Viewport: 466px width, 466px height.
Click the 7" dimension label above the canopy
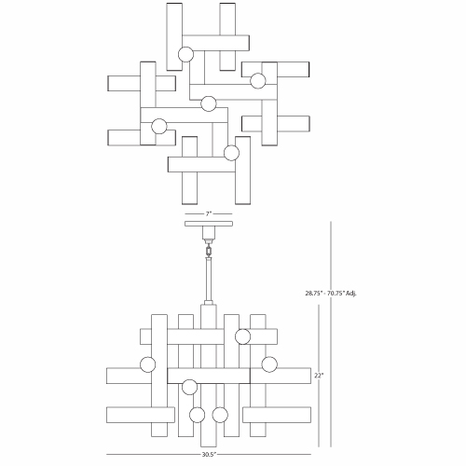(208, 213)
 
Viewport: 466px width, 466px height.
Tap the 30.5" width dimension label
(209, 455)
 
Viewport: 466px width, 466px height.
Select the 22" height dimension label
(319, 376)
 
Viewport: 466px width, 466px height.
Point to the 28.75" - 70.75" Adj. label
(331, 293)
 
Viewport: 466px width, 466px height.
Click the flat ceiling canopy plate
(209, 224)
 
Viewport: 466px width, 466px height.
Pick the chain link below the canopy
(209, 251)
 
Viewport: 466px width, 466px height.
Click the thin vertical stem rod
(209, 280)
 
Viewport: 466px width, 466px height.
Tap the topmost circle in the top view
(185, 54)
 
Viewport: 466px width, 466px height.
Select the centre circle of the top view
(209, 103)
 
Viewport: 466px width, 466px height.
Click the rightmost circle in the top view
(258, 81)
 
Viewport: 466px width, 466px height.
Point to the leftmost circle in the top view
(159, 126)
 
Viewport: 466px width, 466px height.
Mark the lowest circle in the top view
(231, 153)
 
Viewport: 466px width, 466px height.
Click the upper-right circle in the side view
(242, 336)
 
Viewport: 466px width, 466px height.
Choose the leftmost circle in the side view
(148, 364)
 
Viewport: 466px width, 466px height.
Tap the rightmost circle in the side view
(269, 364)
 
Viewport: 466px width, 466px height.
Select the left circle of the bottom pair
(197, 415)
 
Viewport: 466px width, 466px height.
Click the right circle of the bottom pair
(220, 415)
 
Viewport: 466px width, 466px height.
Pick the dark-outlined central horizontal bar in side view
(209, 376)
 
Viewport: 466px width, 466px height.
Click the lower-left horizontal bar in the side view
(141, 415)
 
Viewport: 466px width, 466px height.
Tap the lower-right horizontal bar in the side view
(277, 415)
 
